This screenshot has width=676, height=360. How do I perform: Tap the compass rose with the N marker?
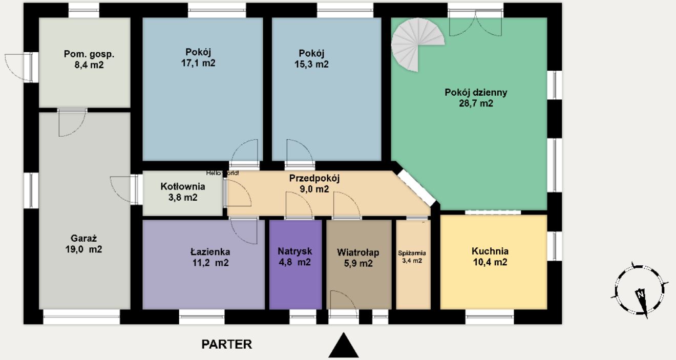[640, 290]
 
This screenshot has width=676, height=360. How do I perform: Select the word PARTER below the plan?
[227, 344]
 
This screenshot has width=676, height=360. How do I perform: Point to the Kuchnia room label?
[490, 251]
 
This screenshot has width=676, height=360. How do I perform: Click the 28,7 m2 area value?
[476, 103]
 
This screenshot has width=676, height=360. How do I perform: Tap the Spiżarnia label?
[412, 253]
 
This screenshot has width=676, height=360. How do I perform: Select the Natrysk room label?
[295, 251]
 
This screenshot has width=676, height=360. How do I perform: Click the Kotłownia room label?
[183, 186]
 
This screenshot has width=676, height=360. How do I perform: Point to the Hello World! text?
[223, 173]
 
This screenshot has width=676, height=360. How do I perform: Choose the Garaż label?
[83, 238]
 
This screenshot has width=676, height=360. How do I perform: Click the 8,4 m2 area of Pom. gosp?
[89, 65]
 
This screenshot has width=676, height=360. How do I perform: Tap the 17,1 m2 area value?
[198, 63]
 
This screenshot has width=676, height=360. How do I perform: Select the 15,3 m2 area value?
[311, 65]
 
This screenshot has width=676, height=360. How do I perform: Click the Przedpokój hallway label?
[314, 178]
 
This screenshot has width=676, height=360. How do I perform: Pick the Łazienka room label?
[210, 251]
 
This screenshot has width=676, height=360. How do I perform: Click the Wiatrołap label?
[358, 252]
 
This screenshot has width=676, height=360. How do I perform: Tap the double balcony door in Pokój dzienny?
[475, 23]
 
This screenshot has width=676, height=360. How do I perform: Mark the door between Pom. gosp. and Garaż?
[72, 123]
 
